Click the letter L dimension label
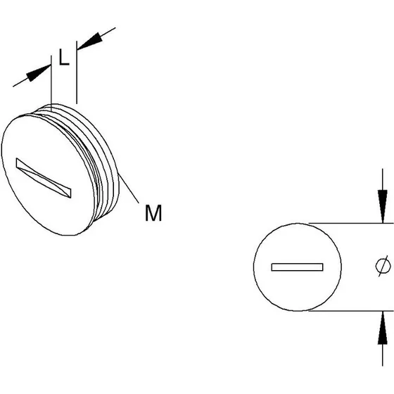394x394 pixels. (64, 57)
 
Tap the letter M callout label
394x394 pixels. (153, 212)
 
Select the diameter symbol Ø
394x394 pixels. (383, 266)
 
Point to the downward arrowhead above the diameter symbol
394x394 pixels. (383, 206)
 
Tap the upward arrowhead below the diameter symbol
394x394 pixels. (383, 327)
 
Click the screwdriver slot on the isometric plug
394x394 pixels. (44, 177)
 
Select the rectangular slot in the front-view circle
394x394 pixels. (297, 267)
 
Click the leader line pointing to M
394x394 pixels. (128, 189)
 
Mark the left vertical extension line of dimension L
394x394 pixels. (51, 84)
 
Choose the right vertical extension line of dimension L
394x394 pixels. (77, 72)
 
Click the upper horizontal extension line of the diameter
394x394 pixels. (351, 223)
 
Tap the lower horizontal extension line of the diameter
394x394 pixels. (351, 311)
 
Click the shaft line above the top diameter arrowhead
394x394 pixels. (383, 179)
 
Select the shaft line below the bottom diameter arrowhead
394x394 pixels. (383, 355)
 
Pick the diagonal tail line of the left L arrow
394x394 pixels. (20, 83)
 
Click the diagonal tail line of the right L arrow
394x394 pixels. (108, 32)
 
